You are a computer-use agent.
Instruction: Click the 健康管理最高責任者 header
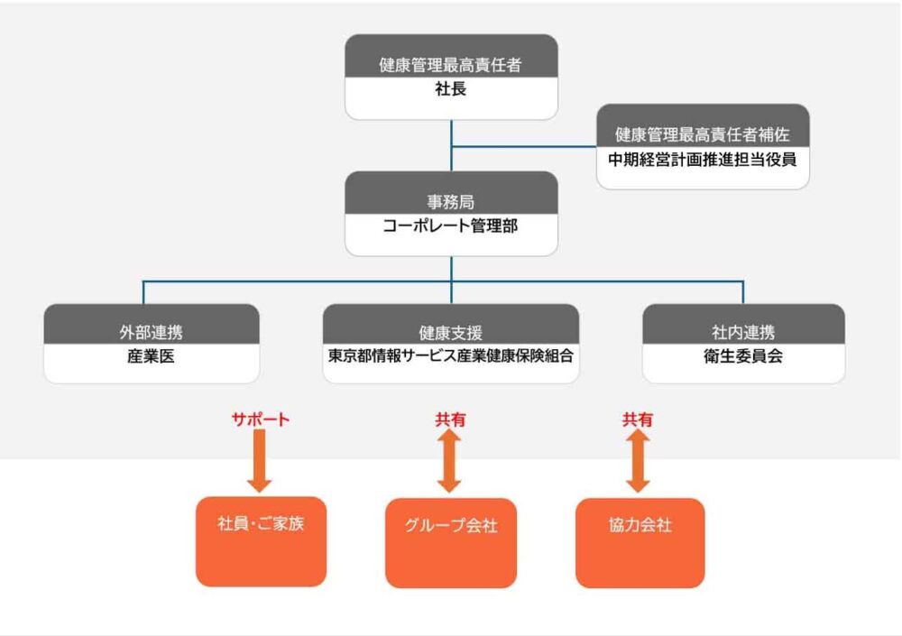point(451,65)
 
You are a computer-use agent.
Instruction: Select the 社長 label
point(451,90)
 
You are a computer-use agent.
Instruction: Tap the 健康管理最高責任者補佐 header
point(703,134)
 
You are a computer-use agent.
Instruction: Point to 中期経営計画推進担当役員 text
point(703,160)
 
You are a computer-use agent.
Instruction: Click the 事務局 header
point(451,202)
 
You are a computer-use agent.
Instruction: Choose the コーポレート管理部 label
point(451,226)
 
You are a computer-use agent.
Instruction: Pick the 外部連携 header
point(152,332)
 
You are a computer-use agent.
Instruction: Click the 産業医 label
point(152,356)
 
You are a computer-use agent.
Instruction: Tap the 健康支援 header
point(451,332)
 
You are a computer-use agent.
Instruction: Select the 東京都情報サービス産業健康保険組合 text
point(451,356)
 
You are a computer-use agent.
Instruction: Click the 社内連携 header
point(743,332)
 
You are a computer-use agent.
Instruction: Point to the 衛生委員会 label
point(743,356)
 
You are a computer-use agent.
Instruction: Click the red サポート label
point(261,419)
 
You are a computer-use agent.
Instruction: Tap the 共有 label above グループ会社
point(451,419)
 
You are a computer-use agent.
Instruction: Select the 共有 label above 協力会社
point(638,419)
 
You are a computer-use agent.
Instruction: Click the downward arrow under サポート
point(260,461)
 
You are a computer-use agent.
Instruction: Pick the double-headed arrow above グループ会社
point(451,461)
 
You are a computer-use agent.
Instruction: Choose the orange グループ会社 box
point(451,542)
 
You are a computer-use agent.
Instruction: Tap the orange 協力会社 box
point(640,542)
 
